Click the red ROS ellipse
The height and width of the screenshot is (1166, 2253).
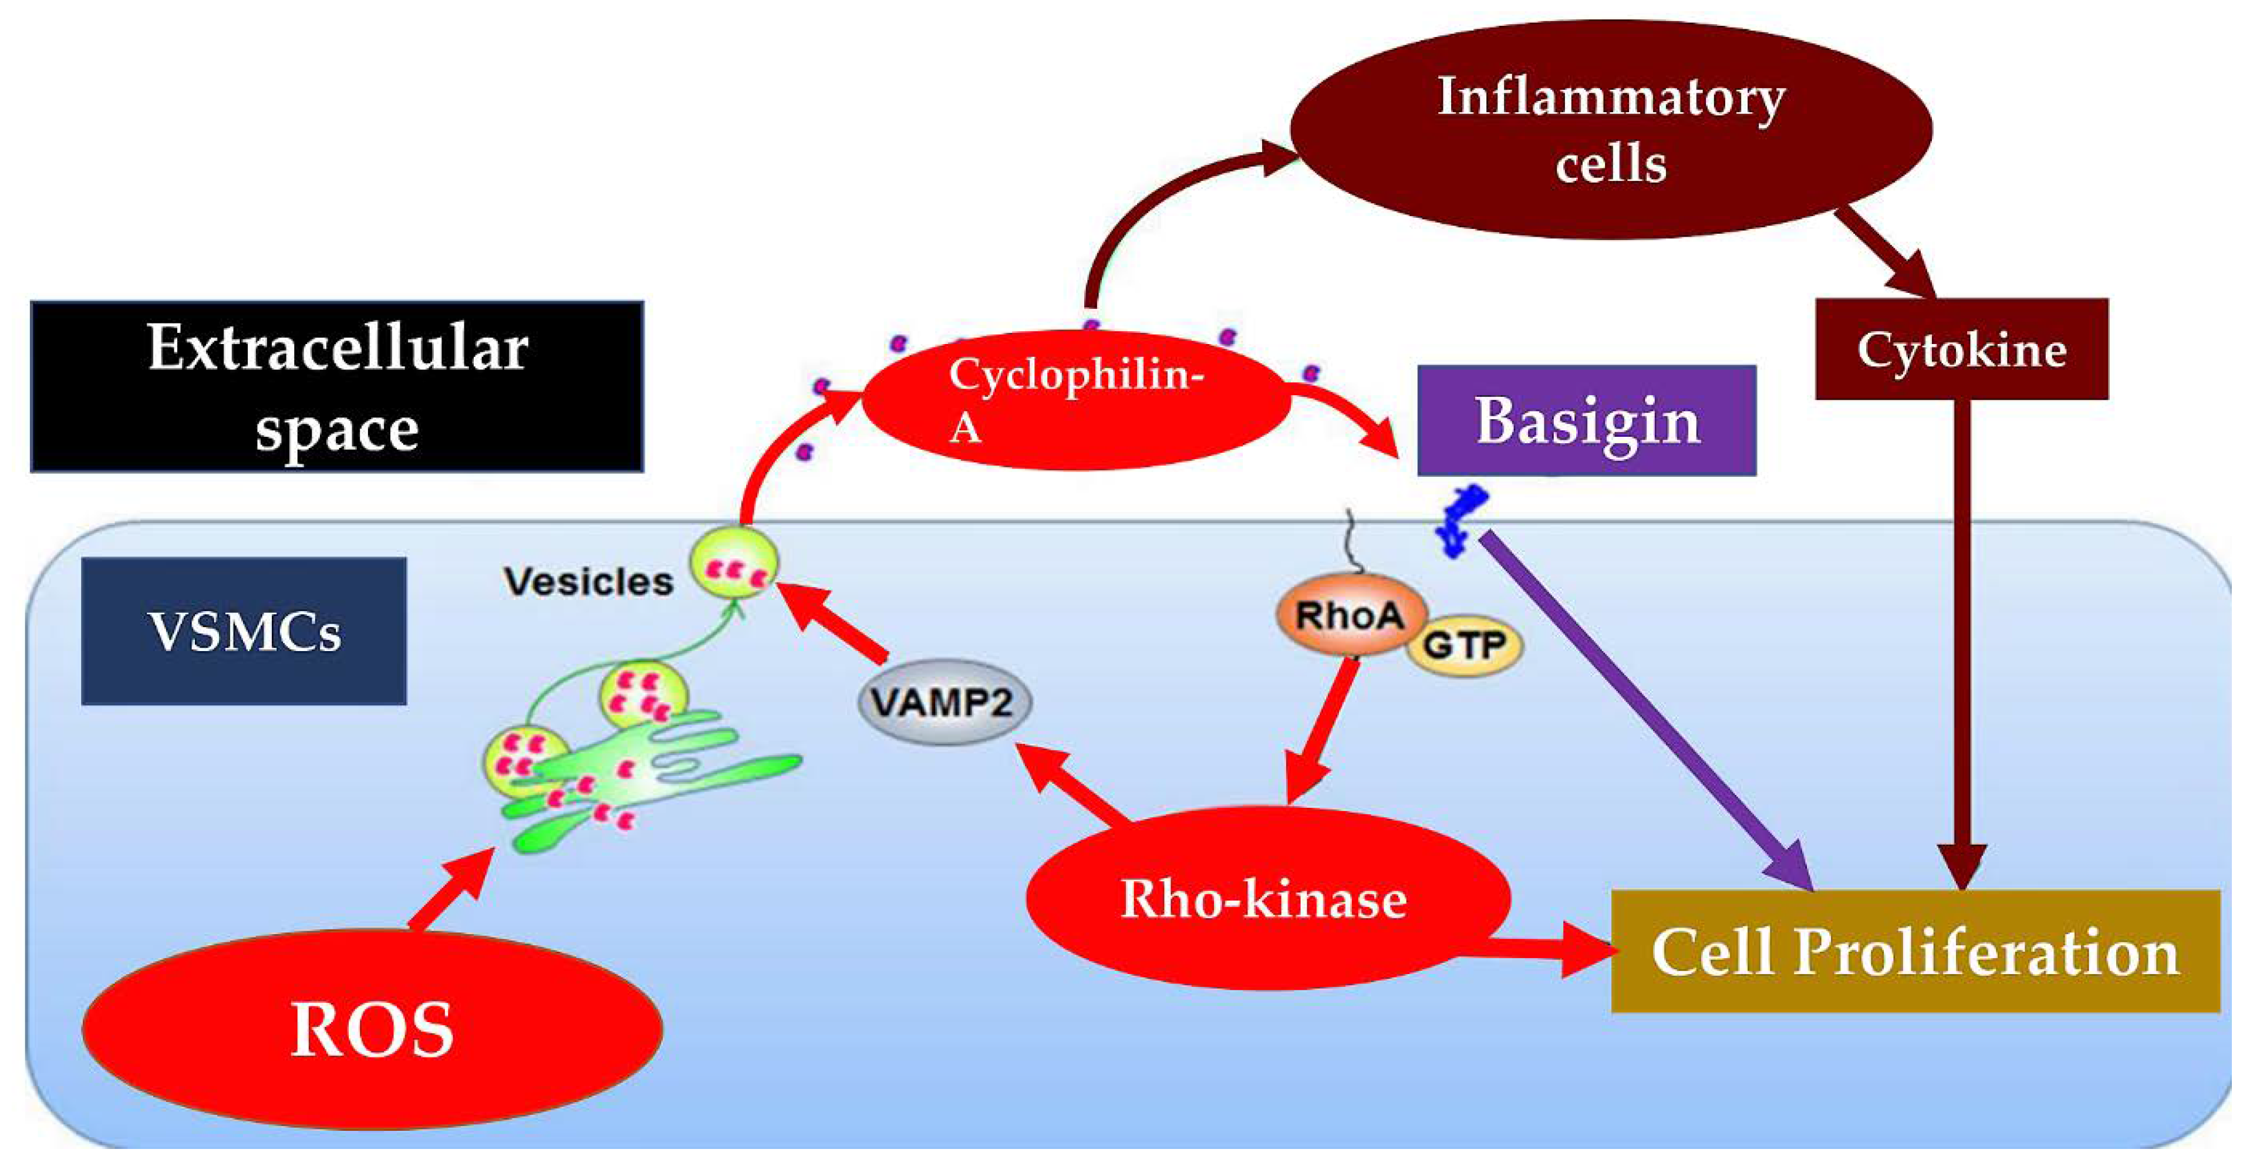[372, 1029]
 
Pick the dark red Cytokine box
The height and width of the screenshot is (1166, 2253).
[1962, 350]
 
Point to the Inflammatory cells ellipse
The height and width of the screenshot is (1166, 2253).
[1611, 130]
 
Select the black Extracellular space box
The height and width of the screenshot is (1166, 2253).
[337, 387]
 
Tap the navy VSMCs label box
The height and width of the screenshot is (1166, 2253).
[244, 631]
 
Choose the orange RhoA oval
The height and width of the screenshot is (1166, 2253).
[1350, 615]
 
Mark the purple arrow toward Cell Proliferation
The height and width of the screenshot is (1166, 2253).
[1644, 709]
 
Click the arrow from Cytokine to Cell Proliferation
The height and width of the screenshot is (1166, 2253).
[1962, 639]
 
